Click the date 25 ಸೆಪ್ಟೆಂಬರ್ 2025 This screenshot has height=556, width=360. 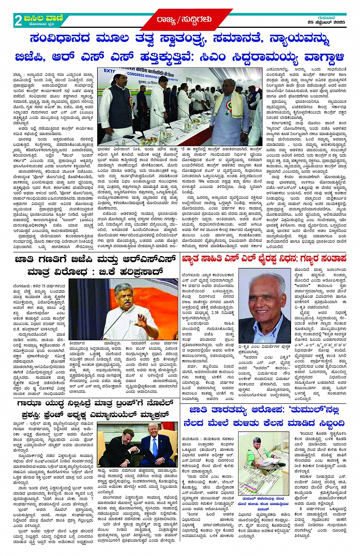[x=326, y=22]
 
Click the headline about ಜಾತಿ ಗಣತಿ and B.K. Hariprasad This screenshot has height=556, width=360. [x=95, y=266]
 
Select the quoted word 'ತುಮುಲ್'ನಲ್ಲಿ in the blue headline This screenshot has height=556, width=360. [x=301, y=410]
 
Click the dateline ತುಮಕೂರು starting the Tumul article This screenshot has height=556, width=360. [x=193, y=433]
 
